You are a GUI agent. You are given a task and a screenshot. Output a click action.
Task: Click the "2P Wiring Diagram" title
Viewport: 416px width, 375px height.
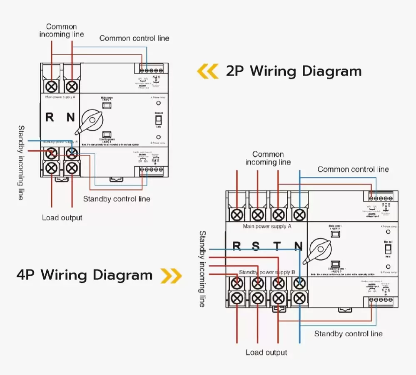point(294,71)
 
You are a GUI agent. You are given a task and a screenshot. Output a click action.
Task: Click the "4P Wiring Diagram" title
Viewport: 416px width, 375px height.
point(85,275)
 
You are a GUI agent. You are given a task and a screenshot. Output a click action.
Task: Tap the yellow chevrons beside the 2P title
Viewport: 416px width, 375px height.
point(207,72)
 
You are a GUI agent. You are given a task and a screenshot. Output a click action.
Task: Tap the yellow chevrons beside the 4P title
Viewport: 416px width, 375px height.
point(171,275)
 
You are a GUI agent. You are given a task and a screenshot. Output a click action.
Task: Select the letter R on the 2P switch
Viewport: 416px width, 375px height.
point(50,117)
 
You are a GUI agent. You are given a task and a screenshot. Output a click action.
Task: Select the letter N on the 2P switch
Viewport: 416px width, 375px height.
point(71,117)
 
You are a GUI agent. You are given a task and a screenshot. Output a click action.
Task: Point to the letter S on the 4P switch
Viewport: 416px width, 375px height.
point(256,247)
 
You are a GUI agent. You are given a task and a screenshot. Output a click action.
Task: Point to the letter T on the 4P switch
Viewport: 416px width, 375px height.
point(277,247)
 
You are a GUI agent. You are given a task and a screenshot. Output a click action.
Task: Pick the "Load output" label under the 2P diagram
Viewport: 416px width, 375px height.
point(62,218)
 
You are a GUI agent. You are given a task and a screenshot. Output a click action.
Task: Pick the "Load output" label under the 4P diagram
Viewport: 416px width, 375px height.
point(266,353)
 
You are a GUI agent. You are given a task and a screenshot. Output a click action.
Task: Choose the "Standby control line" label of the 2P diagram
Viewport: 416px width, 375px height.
point(117,199)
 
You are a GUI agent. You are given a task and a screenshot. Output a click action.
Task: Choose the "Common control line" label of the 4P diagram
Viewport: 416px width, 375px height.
point(353,169)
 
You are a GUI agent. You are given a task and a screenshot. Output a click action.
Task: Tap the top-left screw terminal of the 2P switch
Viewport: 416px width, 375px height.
point(51,86)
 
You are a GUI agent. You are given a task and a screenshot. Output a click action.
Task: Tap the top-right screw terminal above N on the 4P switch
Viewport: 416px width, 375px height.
point(299,215)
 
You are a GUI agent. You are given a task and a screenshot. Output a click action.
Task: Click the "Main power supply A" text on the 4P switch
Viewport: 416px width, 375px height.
point(267,227)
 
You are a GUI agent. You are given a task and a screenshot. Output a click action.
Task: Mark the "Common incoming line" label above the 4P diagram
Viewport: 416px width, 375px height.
point(268,158)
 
